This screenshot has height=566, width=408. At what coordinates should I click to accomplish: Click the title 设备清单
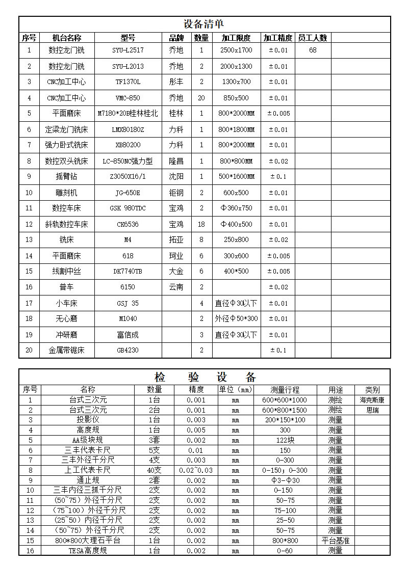[x=203, y=24]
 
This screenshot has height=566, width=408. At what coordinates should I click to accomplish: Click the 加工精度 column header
[x=277, y=38]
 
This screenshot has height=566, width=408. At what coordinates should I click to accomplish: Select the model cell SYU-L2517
[x=127, y=50]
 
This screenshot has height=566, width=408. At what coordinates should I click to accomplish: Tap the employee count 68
[x=313, y=50]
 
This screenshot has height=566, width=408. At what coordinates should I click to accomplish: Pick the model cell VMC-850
[x=127, y=98]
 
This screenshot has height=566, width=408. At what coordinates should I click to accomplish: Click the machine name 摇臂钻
[x=66, y=177]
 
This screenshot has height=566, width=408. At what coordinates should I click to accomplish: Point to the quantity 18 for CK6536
[x=201, y=224]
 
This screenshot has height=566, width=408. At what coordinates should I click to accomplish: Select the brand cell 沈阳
[x=176, y=177]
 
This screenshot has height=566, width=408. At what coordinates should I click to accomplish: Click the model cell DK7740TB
[x=127, y=272]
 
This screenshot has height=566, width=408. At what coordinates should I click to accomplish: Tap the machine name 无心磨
[x=66, y=319]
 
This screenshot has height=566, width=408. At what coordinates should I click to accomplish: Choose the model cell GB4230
[x=127, y=351]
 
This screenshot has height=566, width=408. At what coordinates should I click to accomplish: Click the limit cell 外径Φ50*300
[x=236, y=319]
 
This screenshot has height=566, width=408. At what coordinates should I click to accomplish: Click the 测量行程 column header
[x=285, y=390]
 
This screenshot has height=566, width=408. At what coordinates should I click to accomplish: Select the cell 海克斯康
[x=372, y=400]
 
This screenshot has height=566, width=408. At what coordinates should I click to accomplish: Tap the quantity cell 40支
[x=155, y=470]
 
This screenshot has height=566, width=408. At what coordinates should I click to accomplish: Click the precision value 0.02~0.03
[x=196, y=470]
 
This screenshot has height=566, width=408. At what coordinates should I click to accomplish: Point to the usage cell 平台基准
[x=335, y=541]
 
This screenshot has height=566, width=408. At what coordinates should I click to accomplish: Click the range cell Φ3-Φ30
[x=285, y=480]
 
